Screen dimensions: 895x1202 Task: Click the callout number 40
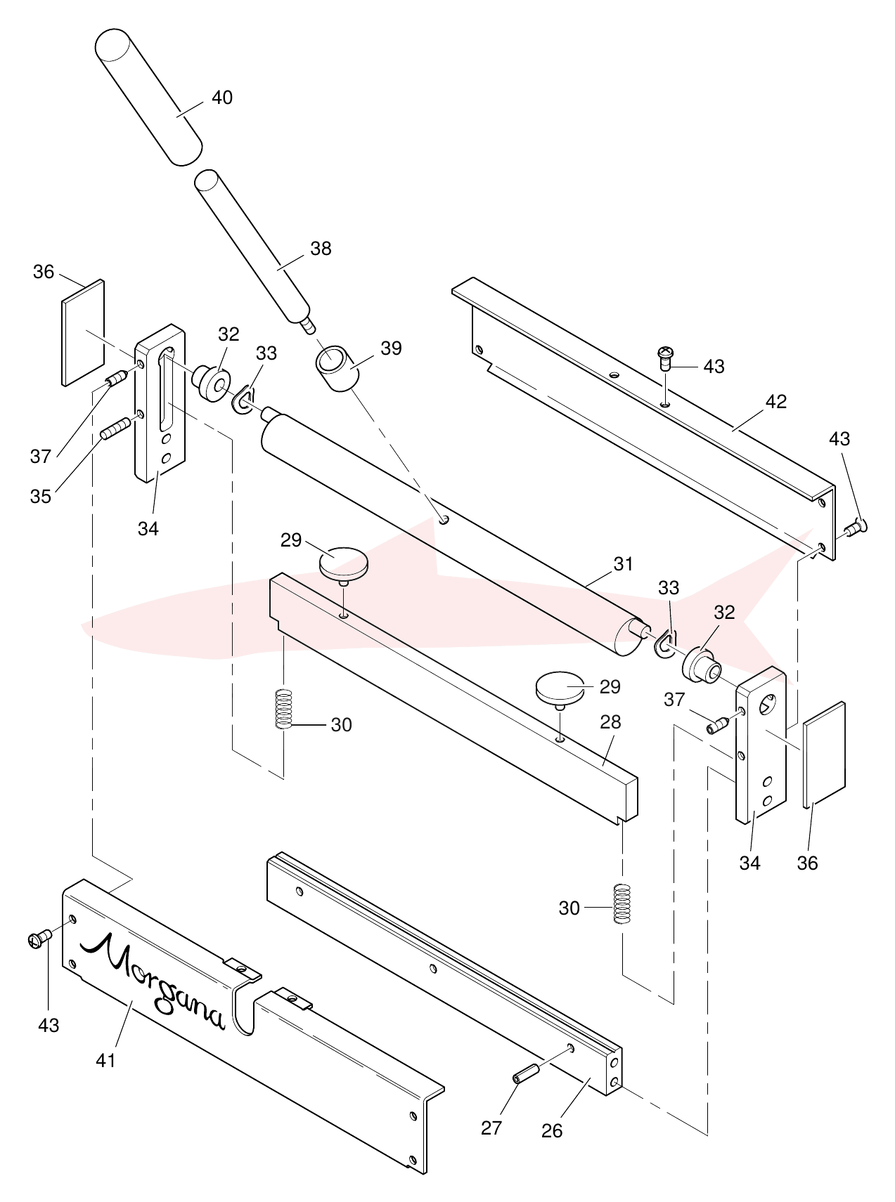point(222,98)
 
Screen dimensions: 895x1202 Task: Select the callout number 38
point(321,249)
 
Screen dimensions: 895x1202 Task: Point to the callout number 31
point(623,564)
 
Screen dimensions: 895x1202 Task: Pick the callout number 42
point(776,402)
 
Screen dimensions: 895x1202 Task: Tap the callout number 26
point(552,1130)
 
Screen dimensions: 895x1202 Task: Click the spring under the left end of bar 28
point(283,709)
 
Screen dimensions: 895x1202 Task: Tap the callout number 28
point(611,722)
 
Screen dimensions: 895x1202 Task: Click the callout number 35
point(41,496)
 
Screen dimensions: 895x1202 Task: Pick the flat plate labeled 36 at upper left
point(84,333)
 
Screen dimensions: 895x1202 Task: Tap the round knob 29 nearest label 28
point(560,688)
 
